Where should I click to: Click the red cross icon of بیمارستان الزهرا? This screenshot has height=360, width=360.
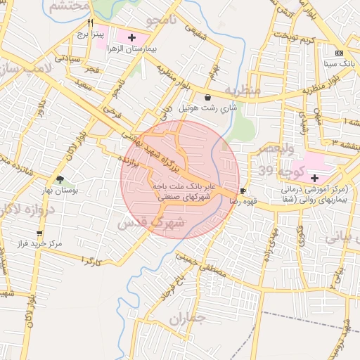[x=132, y=36]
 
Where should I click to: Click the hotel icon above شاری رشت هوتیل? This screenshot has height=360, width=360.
[x=207, y=97]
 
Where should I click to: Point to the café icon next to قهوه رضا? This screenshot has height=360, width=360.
[x=243, y=191]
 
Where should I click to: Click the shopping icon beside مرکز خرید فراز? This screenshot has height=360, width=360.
[x=39, y=233]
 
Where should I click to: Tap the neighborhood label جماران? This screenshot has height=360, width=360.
[x=186, y=319]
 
